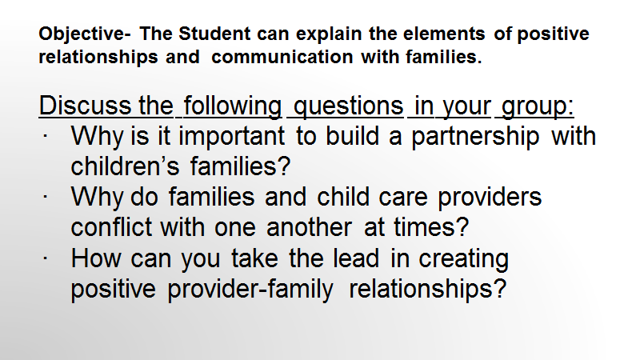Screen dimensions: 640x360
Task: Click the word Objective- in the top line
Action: point(85,34)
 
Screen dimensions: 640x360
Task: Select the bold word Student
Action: point(214,34)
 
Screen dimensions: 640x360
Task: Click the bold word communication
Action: point(282,57)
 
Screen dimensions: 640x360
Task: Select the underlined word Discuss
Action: point(85,106)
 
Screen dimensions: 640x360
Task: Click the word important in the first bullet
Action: point(231,136)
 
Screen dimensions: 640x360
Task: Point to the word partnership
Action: point(474,136)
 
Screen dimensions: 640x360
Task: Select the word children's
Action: point(125,166)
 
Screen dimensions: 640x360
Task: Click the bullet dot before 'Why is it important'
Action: point(45,136)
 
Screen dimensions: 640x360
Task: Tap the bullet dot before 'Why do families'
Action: point(45,197)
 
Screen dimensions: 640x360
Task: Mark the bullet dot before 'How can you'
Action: point(45,258)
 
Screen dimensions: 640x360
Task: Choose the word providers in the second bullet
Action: point(490,198)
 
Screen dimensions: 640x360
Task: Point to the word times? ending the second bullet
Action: point(431,227)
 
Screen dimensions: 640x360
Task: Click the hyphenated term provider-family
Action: point(250,290)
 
